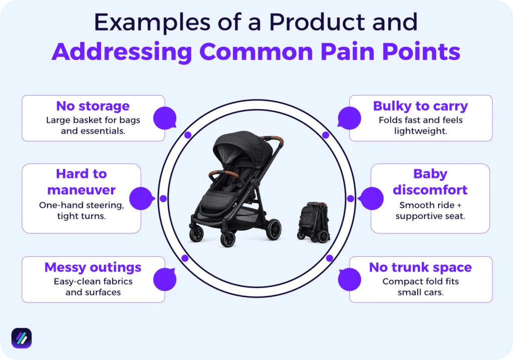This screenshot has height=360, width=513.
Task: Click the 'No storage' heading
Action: pyautogui.click(x=93, y=106)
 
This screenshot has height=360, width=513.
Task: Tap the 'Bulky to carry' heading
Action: pyautogui.click(x=420, y=106)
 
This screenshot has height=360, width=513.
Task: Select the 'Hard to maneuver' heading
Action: pyautogui.click(x=81, y=182)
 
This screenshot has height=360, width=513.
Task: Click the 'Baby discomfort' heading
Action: pyautogui.click(x=430, y=182)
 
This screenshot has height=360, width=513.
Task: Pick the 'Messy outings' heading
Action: pyautogui.click(x=93, y=267)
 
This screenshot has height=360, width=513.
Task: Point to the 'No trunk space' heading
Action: pyautogui.click(x=420, y=267)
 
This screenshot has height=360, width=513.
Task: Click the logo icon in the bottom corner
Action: pyautogui.click(x=22, y=338)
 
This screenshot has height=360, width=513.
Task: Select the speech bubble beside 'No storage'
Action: pyautogui.click(x=165, y=118)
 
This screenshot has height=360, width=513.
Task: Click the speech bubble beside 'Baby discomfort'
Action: pyautogui.click(x=371, y=198)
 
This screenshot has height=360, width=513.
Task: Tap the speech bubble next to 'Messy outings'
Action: pyautogui.click(x=165, y=279)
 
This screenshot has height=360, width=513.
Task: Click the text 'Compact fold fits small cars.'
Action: pyautogui.click(x=420, y=287)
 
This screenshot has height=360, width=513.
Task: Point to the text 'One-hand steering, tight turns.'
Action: pyautogui.click(x=81, y=211)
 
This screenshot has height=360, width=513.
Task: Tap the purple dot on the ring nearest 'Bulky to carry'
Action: pyautogui.click(x=326, y=135)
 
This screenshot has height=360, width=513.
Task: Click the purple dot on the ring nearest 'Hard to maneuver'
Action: pyautogui.click(x=163, y=198)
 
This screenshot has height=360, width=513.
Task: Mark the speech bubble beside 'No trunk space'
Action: pyautogui.click(x=349, y=279)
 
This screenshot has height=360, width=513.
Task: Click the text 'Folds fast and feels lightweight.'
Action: pyautogui.click(x=420, y=125)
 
